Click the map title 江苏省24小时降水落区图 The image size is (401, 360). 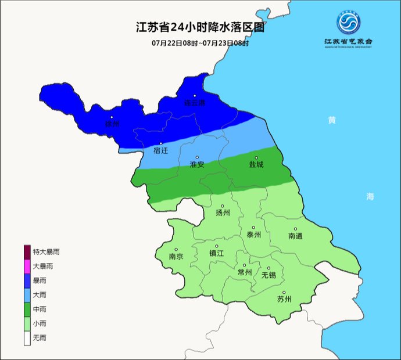click(x=200, y=27)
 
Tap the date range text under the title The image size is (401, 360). click(x=200, y=43)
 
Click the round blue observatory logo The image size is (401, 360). click(x=349, y=23)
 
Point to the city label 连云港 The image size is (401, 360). click(x=195, y=103)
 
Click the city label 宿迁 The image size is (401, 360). click(x=161, y=151)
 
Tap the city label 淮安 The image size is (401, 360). click(x=197, y=164)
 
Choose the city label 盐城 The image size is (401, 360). click(x=256, y=164)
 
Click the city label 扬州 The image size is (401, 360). click(x=223, y=213)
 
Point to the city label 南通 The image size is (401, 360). click(x=295, y=236)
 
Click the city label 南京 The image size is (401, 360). click(x=176, y=256)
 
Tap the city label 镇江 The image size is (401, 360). click(x=217, y=253)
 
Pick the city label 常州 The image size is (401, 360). click(x=245, y=272)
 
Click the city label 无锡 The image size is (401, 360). click(x=268, y=274)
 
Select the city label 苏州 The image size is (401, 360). click(x=284, y=300)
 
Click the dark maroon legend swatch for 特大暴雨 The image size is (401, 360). click(x=27, y=252)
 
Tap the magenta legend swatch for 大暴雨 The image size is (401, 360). click(x=27, y=266)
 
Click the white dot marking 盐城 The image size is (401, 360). click(x=256, y=157)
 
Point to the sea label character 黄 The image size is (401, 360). click(x=331, y=120)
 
